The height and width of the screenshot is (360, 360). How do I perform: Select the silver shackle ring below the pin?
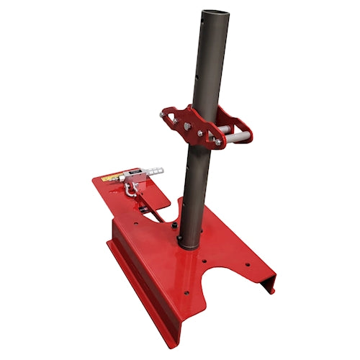click(x=130, y=189)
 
